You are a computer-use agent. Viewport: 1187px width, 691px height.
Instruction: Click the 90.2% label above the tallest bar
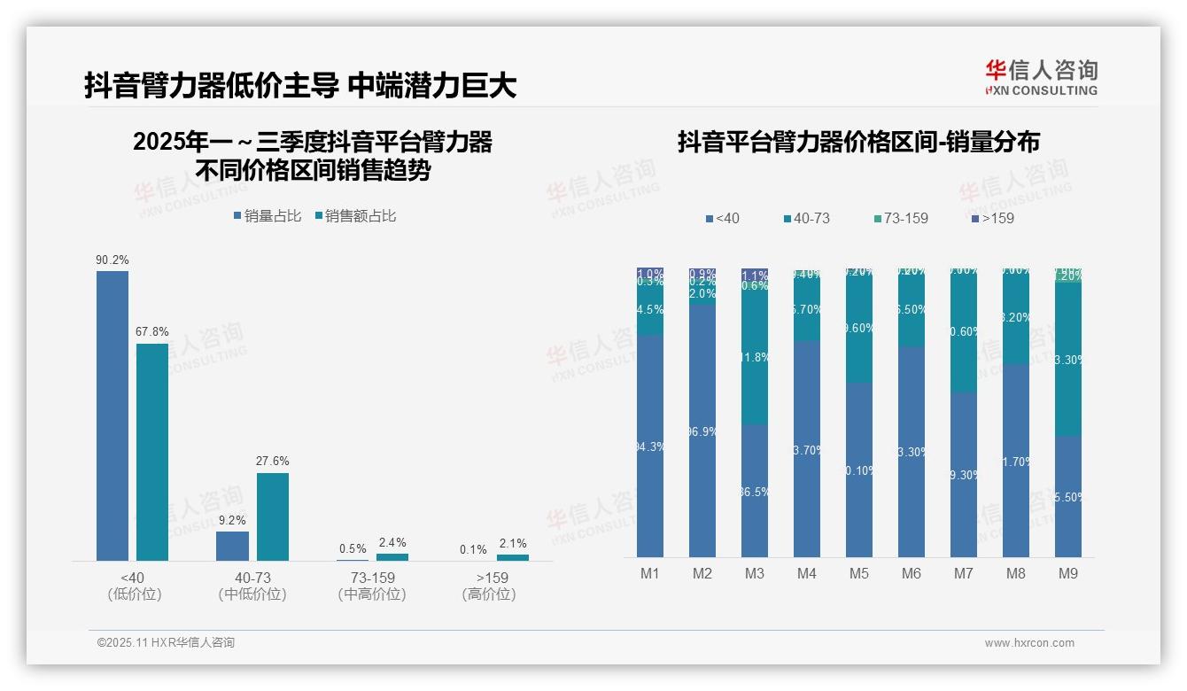coord(112,260)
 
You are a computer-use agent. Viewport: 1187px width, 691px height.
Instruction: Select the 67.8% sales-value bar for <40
coord(151,452)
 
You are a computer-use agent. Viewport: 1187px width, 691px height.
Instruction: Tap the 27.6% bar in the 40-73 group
coord(273,516)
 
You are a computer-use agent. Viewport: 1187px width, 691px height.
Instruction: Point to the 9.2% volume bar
coord(232,546)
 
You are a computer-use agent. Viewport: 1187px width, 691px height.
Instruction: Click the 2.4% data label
coord(392,543)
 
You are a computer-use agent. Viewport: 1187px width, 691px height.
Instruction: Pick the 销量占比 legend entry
coord(268,216)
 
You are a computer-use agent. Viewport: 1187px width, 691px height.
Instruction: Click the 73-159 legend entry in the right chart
coord(900,218)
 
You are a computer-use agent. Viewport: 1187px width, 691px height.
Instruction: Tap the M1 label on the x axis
coord(650,574)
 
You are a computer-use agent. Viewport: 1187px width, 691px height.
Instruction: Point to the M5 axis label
coord(859,574)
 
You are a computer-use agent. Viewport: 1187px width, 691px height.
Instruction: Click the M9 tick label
coord(1068,574)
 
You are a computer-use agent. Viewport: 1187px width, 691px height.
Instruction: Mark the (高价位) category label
coord(489,594)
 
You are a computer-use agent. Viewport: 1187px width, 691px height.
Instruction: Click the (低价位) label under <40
coord(135,594)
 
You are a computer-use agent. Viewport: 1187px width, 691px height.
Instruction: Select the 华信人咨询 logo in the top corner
coord(1041,77)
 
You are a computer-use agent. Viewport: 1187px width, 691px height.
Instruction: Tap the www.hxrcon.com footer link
coord(1029,643)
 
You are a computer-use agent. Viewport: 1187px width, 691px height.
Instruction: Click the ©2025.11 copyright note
coord(166,643)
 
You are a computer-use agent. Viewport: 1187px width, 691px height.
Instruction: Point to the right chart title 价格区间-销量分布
coord(858,143)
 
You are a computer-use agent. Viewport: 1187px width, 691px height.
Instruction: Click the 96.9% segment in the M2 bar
coord(702,431)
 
